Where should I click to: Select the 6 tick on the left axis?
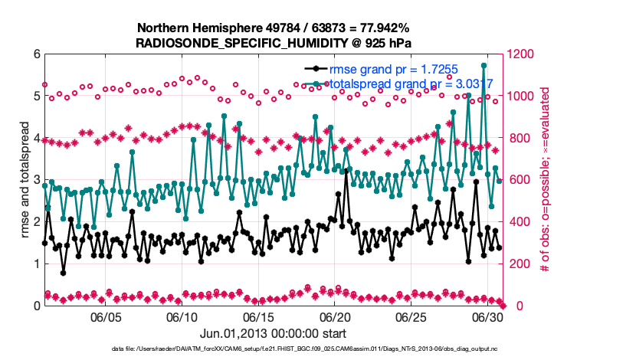35,54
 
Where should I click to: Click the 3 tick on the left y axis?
35,180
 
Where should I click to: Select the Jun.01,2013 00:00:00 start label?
273,334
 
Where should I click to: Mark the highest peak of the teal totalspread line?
484,66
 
